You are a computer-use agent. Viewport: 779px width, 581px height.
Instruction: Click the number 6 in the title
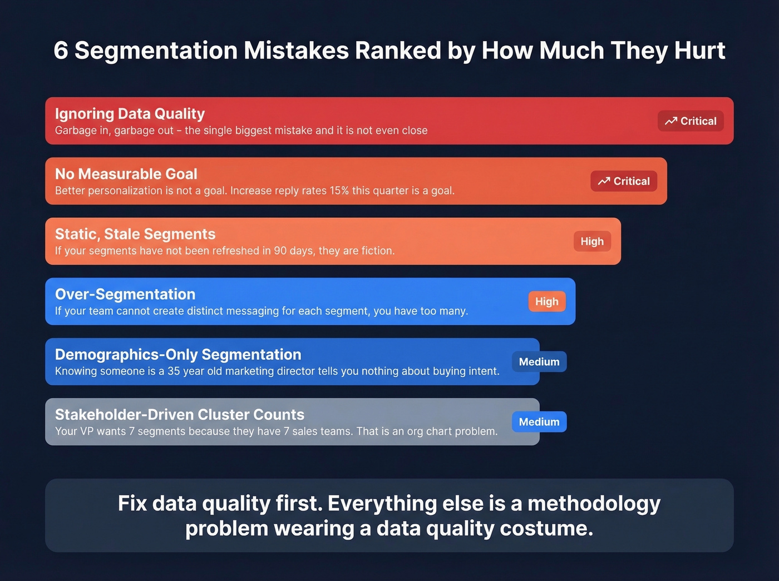pos(61,51)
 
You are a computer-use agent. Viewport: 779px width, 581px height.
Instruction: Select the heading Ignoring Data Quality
pos(130,113)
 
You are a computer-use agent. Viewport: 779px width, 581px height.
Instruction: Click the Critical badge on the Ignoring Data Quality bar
pos(691,121)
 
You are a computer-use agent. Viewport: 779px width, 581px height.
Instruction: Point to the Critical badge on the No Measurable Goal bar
pos(624,181)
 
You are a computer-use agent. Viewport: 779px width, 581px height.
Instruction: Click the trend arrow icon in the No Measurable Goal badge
pos(604,181)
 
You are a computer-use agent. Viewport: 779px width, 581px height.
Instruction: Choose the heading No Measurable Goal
pos(126,174)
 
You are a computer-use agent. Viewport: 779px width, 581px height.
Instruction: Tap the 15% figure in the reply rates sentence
pos(339,191)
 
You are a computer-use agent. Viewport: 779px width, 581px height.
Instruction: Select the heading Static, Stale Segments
pos(135,234)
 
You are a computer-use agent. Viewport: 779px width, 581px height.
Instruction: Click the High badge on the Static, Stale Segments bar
pos(592,241)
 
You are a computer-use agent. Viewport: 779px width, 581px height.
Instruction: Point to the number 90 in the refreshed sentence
pos(280,251)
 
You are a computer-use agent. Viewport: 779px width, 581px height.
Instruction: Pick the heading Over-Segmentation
pos(125,294)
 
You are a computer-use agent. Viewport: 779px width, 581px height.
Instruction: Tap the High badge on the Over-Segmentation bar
pos(546,301)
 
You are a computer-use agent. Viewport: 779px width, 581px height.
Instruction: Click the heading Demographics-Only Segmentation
pos(178,354)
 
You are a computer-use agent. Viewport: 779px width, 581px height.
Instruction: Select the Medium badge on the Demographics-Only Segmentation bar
pos(539,362)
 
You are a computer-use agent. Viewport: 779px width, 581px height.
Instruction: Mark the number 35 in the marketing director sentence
pos(174,371)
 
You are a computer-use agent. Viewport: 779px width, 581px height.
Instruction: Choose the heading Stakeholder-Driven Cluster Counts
pos(180,414)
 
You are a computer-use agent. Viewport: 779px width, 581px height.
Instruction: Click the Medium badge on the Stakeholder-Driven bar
pos(539,422)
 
